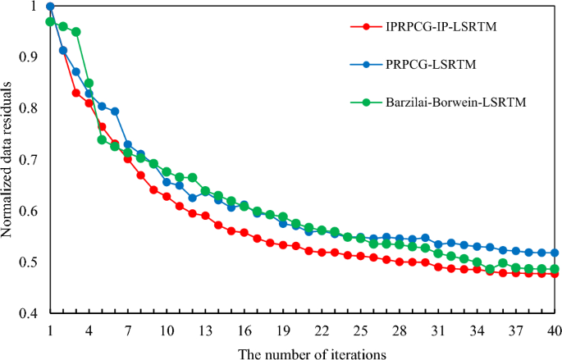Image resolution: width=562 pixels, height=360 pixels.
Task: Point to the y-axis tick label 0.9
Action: [30, 57]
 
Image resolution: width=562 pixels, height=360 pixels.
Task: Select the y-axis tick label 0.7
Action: [30, 160]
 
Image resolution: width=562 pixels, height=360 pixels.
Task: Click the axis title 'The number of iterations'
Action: [301, 352]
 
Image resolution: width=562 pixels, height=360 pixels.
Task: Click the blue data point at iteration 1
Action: [50, 7]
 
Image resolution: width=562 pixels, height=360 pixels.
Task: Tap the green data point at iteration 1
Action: [50, 21]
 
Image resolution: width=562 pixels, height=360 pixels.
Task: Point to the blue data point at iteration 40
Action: [554, 253]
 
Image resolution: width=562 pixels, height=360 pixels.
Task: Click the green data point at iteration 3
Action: [76, 32]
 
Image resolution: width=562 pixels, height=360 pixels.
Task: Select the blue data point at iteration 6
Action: [115, 111]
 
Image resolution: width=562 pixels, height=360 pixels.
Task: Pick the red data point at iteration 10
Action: [167, 197]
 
